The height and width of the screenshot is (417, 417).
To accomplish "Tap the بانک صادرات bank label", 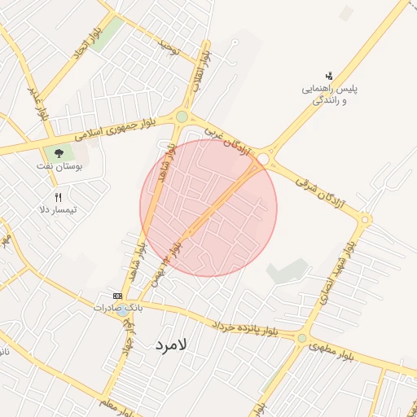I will click(x=117, y=308).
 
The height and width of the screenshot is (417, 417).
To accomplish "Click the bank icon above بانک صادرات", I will click(x=117, y=296).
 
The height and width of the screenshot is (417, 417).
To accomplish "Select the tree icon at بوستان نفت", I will click(x=59, y=152).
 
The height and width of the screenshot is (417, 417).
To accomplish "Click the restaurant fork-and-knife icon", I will click(x=58, y=196).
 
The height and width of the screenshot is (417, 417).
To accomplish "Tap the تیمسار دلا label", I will click(x=58, y=210).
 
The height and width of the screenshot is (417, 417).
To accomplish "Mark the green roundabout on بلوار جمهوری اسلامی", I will click(x=181, y=116).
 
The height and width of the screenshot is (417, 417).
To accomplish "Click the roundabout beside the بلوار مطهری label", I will click(x=301, y=337).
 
